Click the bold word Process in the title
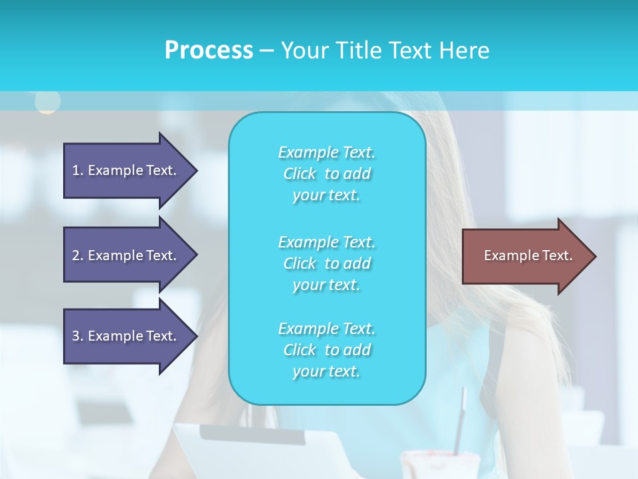209,51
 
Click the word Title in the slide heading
359,51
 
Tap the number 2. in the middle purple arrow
78,255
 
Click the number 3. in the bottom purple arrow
78,336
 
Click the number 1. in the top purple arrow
77,170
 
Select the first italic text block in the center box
326,174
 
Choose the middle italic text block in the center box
326,263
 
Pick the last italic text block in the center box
326,350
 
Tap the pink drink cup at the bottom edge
440,466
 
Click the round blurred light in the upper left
47,101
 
